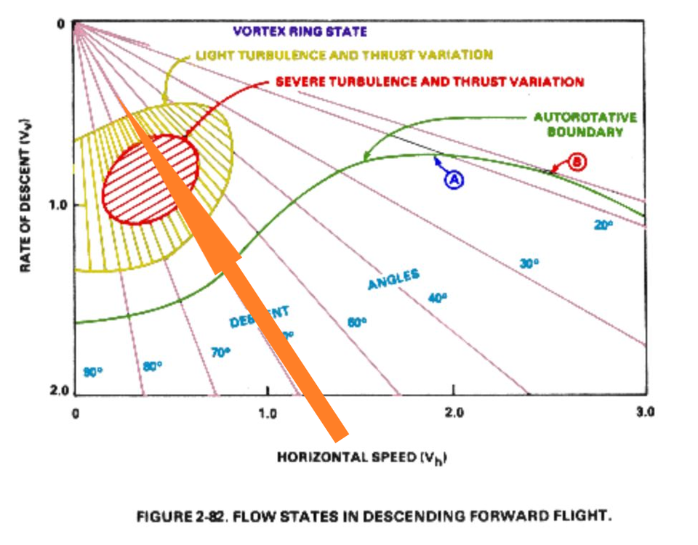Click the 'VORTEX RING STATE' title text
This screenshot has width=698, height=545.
coord(300,31)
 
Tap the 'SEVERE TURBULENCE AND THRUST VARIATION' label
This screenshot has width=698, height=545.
coord(429,81)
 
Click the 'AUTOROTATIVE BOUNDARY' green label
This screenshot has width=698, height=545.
coord(585,124)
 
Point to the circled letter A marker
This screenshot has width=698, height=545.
coord(454,181)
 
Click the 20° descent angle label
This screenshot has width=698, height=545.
coord(603,225)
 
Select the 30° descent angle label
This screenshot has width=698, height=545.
coord(530,264)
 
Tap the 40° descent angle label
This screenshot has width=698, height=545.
coord(438,297)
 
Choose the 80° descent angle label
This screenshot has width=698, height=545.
coord(152,366)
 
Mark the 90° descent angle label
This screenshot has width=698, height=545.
coord(92,372)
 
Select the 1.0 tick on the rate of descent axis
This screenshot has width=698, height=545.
coord(57,205)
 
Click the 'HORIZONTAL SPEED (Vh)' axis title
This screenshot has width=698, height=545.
coord(361,458)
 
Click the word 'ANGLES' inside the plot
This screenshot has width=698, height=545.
coord(393,278)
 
